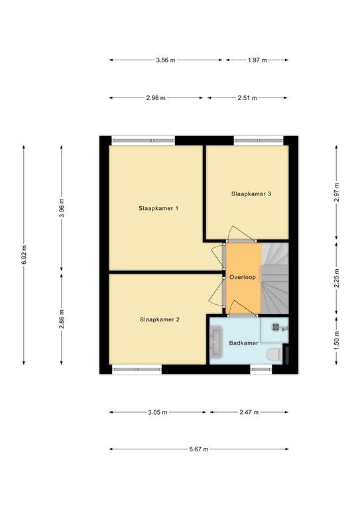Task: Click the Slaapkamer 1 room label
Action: click(158, 208)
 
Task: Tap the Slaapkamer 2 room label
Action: click(160, 319)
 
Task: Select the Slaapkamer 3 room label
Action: click(251, 194)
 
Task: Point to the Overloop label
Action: click(243, 277)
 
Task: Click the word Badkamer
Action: click(244, 343)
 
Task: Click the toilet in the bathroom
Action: click(274, 355)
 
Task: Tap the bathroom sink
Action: click(216, 342)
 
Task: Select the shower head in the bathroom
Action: click(276, 327)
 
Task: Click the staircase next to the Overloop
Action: click(274, 278)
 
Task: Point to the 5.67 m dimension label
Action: click(199, 449)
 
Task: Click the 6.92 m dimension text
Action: click(24, 254)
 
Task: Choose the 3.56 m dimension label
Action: click(166, 60)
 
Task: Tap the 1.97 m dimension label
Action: click(257, 60)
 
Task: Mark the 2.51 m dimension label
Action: click(247, 97)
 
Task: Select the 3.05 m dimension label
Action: click(158, 412)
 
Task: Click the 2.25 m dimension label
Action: click(336, 278)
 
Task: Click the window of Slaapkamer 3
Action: click(259, 141)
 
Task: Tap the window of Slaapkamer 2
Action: click(137, 369)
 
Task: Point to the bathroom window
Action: click(261, 369)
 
